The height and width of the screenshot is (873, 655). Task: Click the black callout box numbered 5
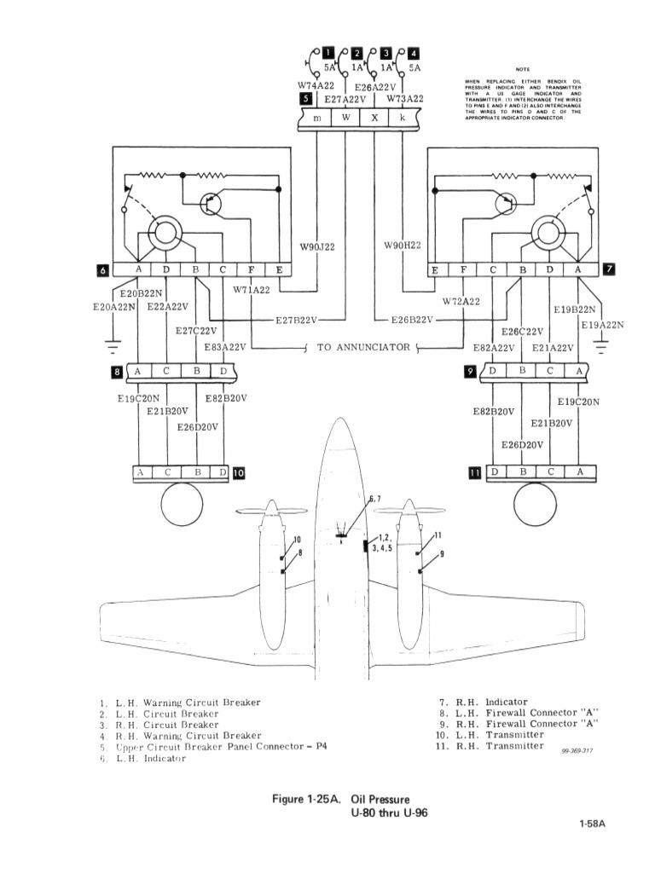[306, 100]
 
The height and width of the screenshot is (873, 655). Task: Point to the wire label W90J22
[317, 247]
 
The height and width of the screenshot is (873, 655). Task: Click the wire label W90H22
[403, 246]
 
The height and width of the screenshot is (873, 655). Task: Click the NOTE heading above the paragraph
[522, 70]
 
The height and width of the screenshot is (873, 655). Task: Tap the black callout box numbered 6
[103, 270]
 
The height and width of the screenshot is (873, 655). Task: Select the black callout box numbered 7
[608, 270]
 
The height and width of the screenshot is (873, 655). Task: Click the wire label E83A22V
[225, 347]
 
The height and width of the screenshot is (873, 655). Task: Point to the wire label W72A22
[461, 301]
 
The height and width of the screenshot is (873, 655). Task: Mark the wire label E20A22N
[114, 307]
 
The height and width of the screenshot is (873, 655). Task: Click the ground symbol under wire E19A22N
[602, 345]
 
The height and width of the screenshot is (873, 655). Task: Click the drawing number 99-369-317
[577, 751]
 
